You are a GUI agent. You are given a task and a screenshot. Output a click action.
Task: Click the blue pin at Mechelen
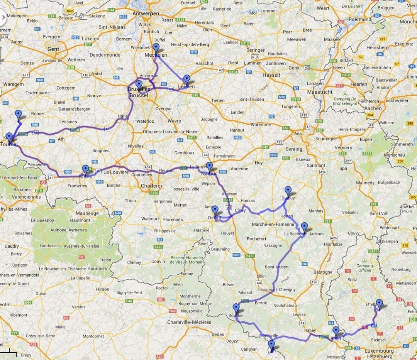[x=156, y=48]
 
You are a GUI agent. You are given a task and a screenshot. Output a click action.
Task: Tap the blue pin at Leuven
[x=187, y=79]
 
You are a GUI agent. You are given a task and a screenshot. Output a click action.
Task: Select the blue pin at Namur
[x=209, y=167]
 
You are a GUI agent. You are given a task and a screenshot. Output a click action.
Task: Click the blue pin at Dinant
[x=215, y=210]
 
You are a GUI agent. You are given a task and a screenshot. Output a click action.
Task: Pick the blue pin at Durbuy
[x=288, y=191]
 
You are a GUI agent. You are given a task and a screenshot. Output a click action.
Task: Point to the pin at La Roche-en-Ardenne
[x=304, y=227]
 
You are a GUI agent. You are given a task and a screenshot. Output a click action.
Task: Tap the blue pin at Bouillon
[x=236, y=308]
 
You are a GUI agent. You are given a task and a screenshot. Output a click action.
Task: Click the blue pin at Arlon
[x=336, y=331]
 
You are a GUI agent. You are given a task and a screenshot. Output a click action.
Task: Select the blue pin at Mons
[x=85, y=169]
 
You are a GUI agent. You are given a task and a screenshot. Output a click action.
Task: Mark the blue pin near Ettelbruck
[x=379, y=304]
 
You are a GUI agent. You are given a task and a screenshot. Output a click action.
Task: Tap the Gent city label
[x=53, y=49]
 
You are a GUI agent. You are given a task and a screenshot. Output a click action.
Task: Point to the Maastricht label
[x=320, y=92]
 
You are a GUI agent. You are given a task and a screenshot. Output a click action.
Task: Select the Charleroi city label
[x=151, y=186]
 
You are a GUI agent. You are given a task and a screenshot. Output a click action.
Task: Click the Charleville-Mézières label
[x=189, y=322]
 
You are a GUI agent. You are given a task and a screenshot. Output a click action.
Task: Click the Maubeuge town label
[x=87, y=213]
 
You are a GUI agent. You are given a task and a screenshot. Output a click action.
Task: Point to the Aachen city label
[x=373, y=108]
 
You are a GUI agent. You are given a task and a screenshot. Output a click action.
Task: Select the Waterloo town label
[x=146, y=121]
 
